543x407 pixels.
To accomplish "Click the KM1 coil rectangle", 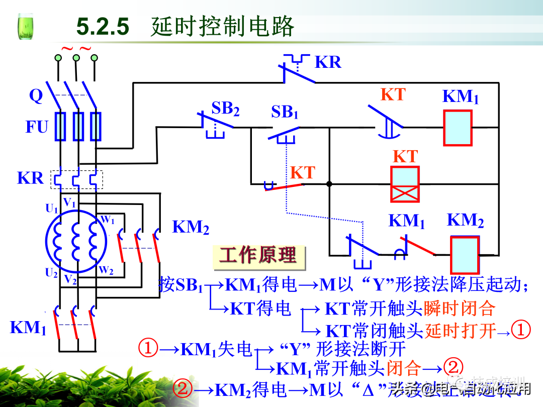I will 458,128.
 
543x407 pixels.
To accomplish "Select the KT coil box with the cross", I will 405,184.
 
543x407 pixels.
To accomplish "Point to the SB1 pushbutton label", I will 285,113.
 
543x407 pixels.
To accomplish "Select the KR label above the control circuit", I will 328,62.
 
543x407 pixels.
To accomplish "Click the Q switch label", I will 36,95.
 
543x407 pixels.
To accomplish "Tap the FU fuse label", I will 37,127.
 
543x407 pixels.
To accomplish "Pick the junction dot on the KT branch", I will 329,184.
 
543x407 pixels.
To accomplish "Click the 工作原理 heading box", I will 257,256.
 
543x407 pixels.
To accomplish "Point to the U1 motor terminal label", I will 52,209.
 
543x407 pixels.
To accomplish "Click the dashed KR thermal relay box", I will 76,179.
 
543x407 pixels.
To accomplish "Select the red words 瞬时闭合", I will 460,308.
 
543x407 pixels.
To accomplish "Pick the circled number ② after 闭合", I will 454,368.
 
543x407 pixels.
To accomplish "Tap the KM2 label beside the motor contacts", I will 191,227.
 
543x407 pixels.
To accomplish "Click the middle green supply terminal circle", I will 76,58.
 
